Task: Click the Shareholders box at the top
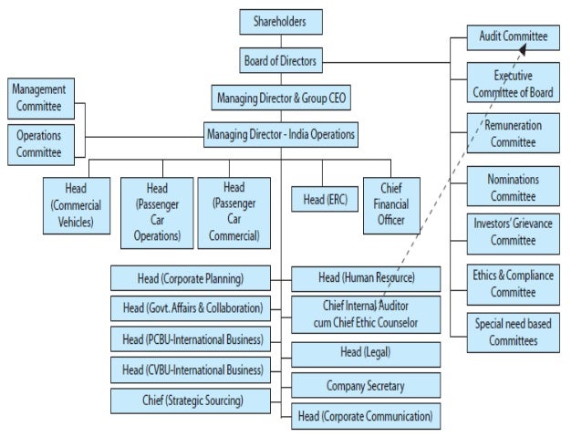pyautogui.click(x=280, y=20)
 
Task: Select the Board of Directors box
pyautogui.click(x=280, y=61)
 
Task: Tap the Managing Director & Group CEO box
pyautogui.click(x=280, y=98)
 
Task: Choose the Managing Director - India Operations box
pyautogui.click(x=280, y=136)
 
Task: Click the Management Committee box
pyautogui.click(x=39, y=99)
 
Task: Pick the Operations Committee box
pyautogui.click(x=39, y=143)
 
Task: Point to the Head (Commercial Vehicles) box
pyautogui.click(x=76, y=204)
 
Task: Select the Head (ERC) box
pyautogui.click(x=323, y=199)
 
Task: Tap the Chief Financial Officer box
pyautogui.click(x=391, y=204)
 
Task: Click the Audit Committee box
pyautogui.click(x=513, y=37)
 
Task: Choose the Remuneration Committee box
pyautogui.click(x=513, y=133)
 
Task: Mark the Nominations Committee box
pyautogui.click(x=513, y=187)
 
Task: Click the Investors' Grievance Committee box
pyautogui.click(x=513, y=233)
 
